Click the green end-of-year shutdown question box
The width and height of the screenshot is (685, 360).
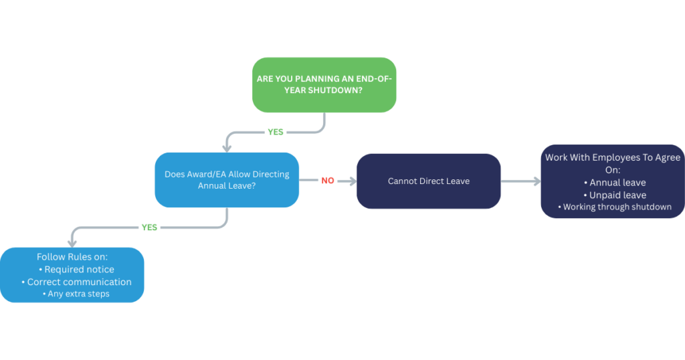(x=324, y=84)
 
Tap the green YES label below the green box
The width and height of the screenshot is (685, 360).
(x=276, y=132)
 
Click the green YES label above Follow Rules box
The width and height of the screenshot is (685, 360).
(x=149, y=228)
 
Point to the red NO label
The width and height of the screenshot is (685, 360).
(x=328, y=181)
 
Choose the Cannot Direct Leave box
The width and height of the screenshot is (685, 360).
(x=428, y=181)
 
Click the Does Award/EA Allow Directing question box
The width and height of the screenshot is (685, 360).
(x=227, y=180)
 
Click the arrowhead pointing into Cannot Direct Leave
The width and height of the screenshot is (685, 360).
(x=352, y=181)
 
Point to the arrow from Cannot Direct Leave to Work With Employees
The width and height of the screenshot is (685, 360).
(x=521, y=181)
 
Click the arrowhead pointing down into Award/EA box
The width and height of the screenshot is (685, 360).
(x=227, y=147)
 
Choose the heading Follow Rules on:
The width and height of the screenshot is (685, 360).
(x=72, y=257)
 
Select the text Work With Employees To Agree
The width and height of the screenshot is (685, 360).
(x=613, y=157)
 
